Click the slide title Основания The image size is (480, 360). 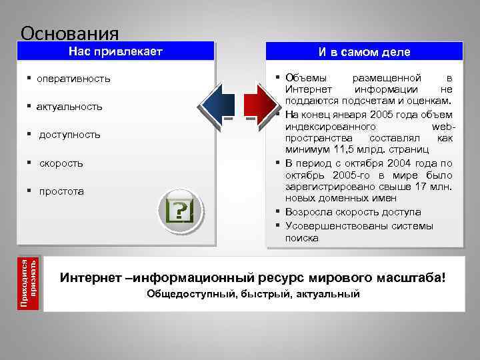(69, 33)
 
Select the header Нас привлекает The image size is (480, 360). (117, 51)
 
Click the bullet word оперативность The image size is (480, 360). (73, 79)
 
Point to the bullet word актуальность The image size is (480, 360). (69, 107)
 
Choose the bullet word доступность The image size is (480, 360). (69, 135)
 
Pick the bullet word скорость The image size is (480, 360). (61, 163)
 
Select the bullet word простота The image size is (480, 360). (61, 191)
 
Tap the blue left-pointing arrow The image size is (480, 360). (217, 104)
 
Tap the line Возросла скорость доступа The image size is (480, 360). (353, 212)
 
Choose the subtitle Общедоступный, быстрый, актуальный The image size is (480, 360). (253, 294)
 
